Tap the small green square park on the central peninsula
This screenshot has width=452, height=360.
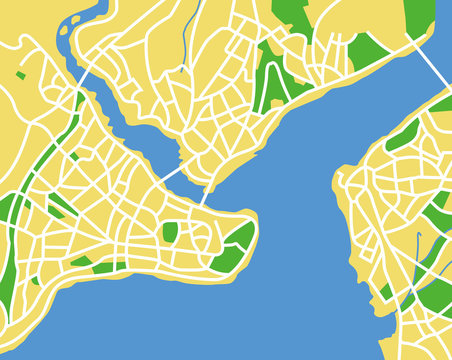(170, 232)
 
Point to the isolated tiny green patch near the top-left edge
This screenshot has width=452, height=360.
(21, 74)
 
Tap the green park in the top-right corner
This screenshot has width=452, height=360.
(420, 14)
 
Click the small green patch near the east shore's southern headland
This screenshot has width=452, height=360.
(384, 291)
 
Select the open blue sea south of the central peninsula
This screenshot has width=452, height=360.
(200, 320)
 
